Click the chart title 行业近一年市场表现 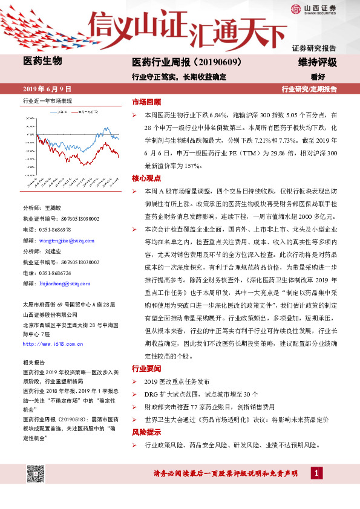pyautogui.click(x=47, y=100)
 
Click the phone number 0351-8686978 pyautogui.click(x=55, y=230)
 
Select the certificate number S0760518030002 pyautogui.click(x=70, y=262)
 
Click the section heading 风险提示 pyautogui.click(x=146, y=433)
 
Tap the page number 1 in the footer pyautogui.click(x=315, y=473)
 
